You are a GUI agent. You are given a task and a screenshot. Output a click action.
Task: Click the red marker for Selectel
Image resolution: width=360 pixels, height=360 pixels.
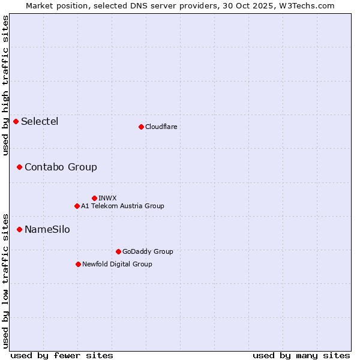16,122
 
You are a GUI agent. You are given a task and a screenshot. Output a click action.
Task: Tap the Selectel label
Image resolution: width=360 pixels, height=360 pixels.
40,122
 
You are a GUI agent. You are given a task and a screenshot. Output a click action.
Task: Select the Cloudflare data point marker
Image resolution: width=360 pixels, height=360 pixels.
141,127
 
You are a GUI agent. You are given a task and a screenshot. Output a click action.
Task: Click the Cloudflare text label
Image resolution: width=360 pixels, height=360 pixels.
161,127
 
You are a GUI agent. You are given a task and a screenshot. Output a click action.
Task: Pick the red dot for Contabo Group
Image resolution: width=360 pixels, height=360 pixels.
20,167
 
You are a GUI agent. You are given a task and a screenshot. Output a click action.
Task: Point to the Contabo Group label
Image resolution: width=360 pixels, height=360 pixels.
61,167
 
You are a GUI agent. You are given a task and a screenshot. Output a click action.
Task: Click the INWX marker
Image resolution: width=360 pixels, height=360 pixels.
94,198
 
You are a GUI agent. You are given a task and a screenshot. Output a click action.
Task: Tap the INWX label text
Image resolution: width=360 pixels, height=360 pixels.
107,198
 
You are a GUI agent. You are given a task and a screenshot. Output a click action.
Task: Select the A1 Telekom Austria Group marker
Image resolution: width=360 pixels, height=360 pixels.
77,206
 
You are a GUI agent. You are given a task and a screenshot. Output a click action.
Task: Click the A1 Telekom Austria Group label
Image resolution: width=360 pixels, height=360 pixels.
122,206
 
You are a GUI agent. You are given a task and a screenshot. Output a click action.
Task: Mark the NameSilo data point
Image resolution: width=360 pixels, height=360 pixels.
20,229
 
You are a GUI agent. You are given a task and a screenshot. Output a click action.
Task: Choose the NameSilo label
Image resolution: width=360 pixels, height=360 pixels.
47,229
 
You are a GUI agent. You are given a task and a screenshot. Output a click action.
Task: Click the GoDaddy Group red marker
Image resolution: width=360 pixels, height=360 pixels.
118,251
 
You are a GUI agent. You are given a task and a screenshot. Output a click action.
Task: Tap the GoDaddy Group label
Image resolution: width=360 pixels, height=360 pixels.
148,251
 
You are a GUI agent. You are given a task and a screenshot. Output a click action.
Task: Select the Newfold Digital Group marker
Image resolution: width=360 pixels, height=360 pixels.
78,264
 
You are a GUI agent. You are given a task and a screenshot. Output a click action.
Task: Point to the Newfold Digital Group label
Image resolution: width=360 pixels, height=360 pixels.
117,264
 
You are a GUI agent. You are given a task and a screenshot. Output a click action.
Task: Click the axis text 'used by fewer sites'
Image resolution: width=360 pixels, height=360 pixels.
62,355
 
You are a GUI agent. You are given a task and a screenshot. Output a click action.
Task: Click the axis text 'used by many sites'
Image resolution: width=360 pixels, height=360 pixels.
301,355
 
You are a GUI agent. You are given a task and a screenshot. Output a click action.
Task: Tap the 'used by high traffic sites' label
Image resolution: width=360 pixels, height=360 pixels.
5,85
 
